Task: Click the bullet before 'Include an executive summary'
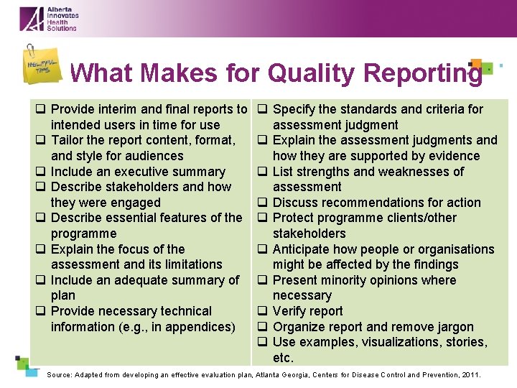[42, 172]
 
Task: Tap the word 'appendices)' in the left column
[200, 327]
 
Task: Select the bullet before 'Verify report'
[263, 311]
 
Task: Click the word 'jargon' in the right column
[455, 327]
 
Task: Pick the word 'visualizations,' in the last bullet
[400, 342]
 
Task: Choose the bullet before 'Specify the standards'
[263, 109]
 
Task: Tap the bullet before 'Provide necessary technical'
[42, 311]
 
